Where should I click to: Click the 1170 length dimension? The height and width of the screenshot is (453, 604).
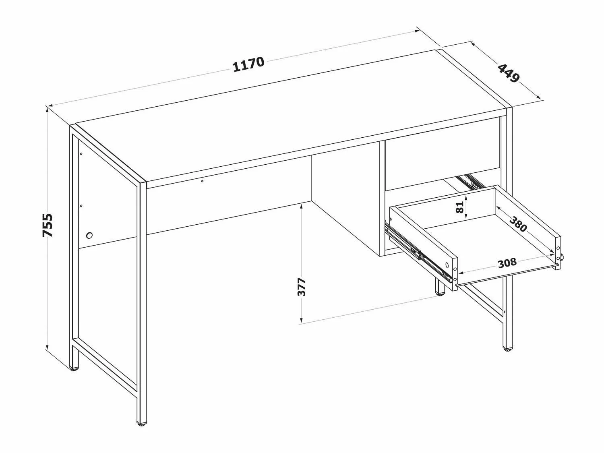(248, 64)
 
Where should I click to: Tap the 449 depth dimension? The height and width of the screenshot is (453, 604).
(509, 73)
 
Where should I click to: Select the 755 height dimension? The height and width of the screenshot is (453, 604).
(48, 225)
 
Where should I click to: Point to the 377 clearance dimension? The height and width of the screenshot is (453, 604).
(302, 287)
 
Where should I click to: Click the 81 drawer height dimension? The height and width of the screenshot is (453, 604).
(460, 207)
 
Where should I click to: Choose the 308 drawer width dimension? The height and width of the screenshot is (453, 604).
(507, 263)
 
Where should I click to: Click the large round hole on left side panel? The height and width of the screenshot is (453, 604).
(89, 236)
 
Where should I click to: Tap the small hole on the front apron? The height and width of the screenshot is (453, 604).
(202, 181)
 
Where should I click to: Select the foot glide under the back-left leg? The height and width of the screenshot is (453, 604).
(74, 369)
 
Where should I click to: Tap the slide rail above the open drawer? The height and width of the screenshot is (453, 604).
(469, 181)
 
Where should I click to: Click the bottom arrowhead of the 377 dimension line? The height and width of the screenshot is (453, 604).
(302, 320)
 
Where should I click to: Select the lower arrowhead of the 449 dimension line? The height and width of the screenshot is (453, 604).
(538, 97)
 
